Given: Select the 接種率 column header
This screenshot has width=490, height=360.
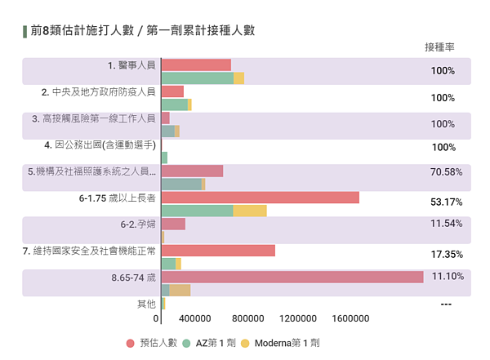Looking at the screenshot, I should [441, 47].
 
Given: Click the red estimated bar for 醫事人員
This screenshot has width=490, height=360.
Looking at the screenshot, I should [196, 64].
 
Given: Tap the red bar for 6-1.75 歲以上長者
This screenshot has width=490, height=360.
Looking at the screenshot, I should [261, 198].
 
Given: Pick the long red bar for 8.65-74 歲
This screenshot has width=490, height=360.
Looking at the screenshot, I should [292, 277].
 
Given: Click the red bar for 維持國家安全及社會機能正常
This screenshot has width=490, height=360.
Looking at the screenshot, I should [218, 251].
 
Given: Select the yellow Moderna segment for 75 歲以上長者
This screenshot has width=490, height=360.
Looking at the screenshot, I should [250, 211].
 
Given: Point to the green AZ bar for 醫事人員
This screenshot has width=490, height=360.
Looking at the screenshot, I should [198, 78].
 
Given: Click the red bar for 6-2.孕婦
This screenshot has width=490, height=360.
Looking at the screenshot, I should [174, 224].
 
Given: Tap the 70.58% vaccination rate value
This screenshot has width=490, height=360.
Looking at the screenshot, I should [446, 172].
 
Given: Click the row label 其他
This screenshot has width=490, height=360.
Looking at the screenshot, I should [146, 304].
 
